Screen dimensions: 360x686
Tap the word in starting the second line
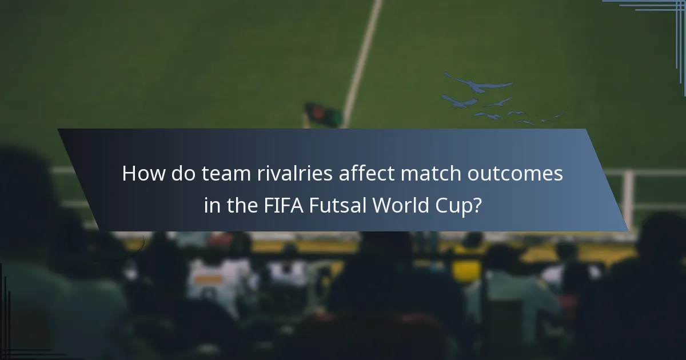[212, 205]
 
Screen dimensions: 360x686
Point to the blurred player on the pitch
[324, 115]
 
